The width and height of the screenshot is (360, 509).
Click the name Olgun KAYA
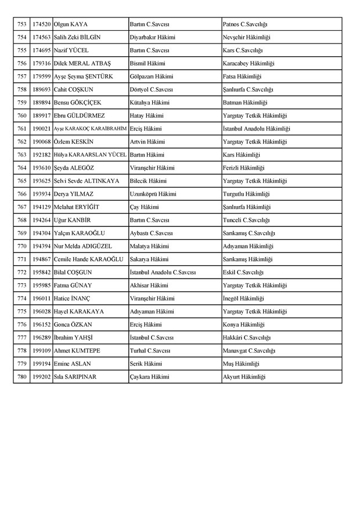[70, 24]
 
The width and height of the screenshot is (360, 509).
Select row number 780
[22, 377]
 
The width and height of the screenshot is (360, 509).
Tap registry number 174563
[41, 37]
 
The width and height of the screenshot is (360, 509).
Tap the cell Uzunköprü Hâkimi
[153, 194]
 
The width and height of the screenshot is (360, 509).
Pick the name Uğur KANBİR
[71, 220]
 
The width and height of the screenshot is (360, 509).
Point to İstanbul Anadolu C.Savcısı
[163, 272]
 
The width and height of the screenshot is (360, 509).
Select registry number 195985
[41, 286]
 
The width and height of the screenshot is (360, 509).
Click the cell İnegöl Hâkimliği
[243, 298]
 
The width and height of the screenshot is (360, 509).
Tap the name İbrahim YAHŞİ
[73, 337]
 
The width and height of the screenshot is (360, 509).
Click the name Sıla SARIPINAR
[75, 377]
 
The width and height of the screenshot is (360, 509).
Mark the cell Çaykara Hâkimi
[150, 377]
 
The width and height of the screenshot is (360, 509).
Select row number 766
[22, 194]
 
